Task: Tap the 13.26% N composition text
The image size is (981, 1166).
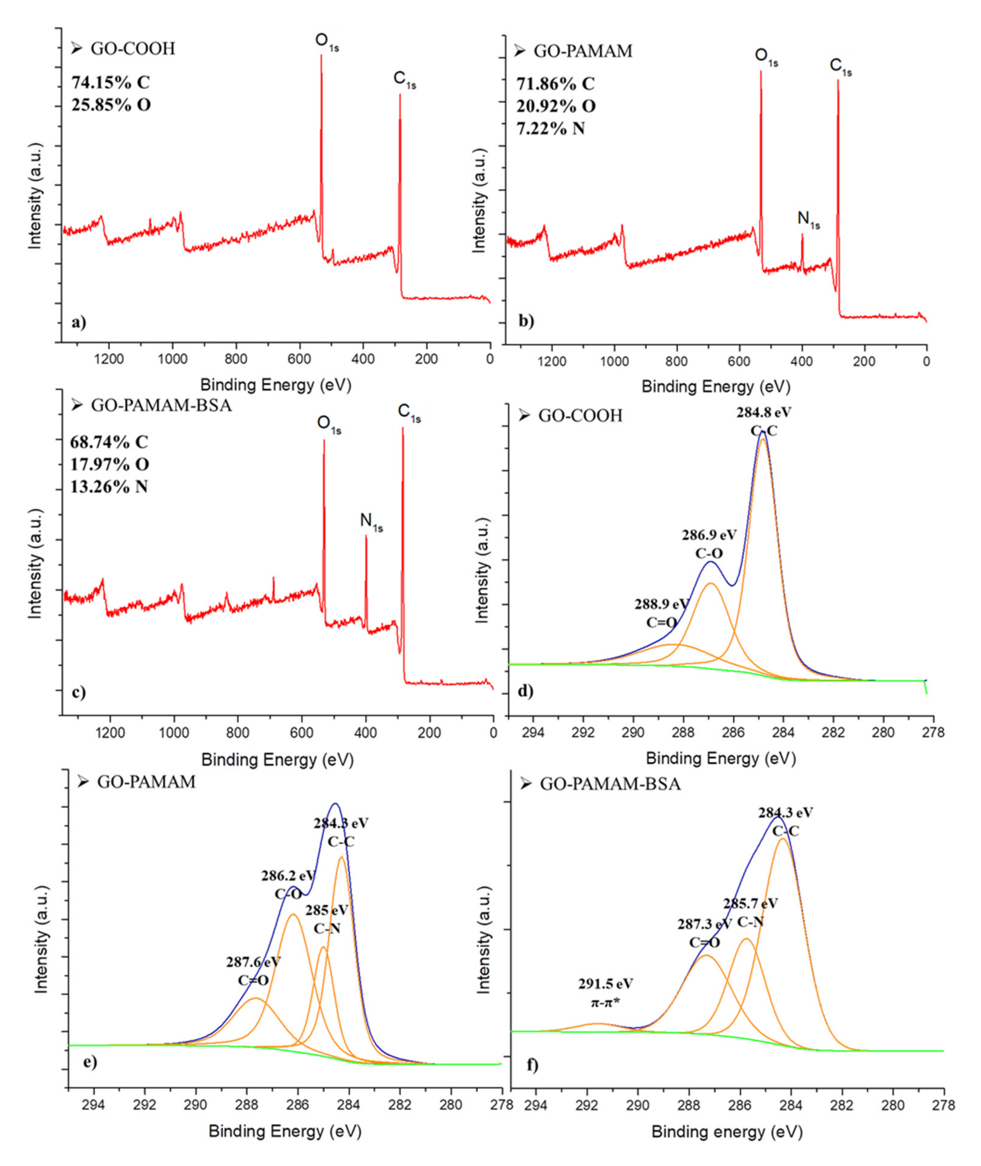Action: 109,487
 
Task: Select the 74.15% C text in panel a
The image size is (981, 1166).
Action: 111,82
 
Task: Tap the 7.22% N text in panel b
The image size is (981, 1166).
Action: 551,129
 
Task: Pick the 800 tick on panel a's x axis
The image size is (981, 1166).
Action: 236,359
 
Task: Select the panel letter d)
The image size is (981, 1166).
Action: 526,691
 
